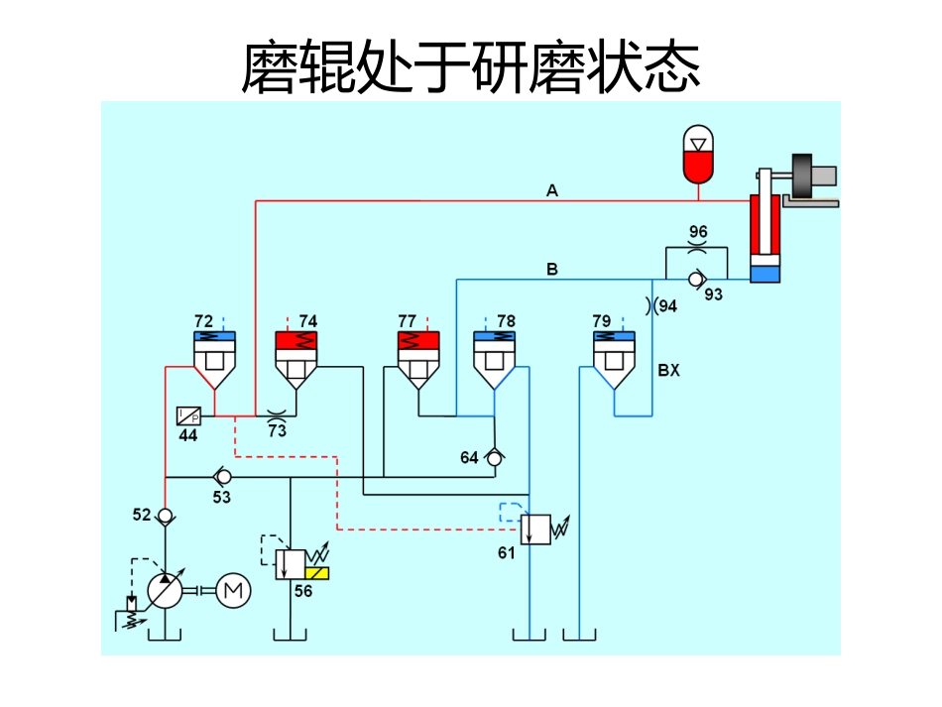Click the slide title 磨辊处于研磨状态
tap(471, 66)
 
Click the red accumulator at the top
tap(699, 154)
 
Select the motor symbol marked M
tap(234, 590)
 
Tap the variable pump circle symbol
tap(166, 590)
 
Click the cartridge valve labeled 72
tap(212, 358)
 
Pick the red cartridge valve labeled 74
tap(294, 358)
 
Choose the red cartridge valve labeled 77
tap(417, 358)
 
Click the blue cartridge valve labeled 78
tap(494, 358)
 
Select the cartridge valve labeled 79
tap(613, 358)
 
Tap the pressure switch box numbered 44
tap(188, 415)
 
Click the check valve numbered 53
tap(222, 477)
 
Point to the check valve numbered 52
tap(166, 517)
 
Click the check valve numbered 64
tap(494, 456)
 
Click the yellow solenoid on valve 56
tap(319, 573)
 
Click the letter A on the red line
tap(552, 190)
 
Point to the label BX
tap(669, 371)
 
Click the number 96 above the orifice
tap(698, 232)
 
